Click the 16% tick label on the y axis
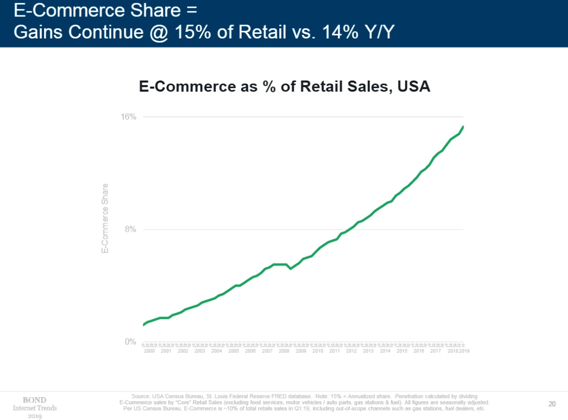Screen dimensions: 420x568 point(129,117)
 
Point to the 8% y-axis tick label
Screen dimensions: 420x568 point(131,229)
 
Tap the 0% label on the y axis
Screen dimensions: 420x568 point(131,342)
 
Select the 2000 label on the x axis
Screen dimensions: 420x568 point(150,351)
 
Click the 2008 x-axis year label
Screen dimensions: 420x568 point(284,351)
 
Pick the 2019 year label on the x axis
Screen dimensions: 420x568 point(465,351)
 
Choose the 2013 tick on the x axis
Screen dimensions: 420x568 point(368,351)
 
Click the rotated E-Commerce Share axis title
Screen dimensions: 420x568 point(105,218)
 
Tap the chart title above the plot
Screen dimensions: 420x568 point(284,87)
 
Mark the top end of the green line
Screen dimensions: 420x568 point(463,126)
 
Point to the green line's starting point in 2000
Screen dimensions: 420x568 point(143,325)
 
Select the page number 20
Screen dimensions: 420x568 point(552,404)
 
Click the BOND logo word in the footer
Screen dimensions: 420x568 point(35,400)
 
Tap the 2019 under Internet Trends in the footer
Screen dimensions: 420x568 point(35,416)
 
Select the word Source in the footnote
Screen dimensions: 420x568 point(141,396)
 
